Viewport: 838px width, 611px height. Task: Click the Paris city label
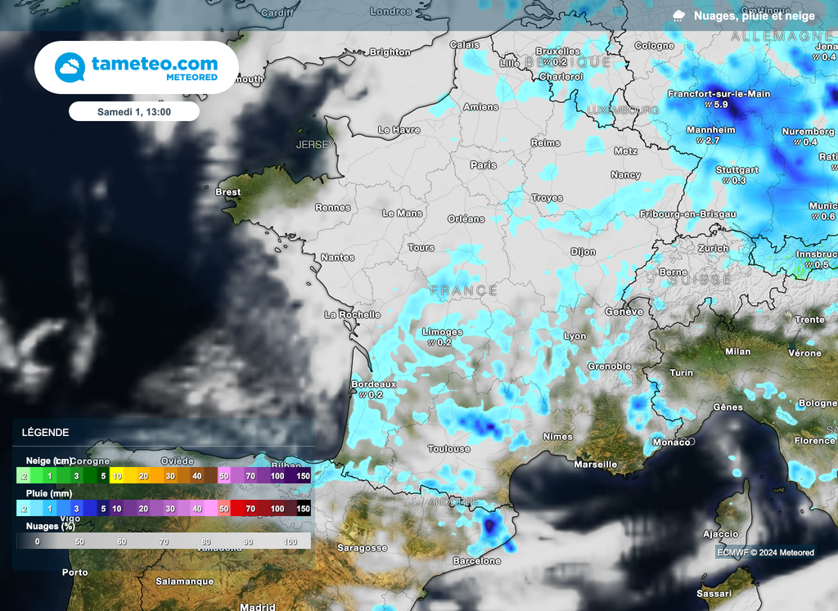coord(483,164)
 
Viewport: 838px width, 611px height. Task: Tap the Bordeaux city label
coord(373,384)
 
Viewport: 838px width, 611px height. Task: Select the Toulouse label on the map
coord(449,448)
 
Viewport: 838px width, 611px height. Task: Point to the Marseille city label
coord(596,464)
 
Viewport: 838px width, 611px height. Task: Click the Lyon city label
coord(575,336)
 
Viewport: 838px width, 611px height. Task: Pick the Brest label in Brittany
coord(228,192)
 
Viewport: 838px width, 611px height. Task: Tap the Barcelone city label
coord(477,561)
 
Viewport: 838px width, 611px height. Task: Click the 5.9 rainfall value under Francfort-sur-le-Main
coord(721,105)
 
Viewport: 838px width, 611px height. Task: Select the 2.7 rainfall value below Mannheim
coord(713,141)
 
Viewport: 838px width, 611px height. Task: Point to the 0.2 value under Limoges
coord(444,343)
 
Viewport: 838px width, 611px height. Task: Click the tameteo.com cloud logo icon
coord(70,67)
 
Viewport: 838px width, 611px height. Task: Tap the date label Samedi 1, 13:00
coord(133,111)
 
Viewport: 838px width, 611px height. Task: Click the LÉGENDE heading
coord(45,432)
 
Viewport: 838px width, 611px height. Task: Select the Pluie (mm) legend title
coord(49,493)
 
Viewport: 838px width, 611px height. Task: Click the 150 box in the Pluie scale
coord(303,509)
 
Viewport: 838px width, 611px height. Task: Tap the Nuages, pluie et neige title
coord(754,16)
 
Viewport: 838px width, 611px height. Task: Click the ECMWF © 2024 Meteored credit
coord(765,552)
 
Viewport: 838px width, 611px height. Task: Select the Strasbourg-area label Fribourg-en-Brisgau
coord(687,213)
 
